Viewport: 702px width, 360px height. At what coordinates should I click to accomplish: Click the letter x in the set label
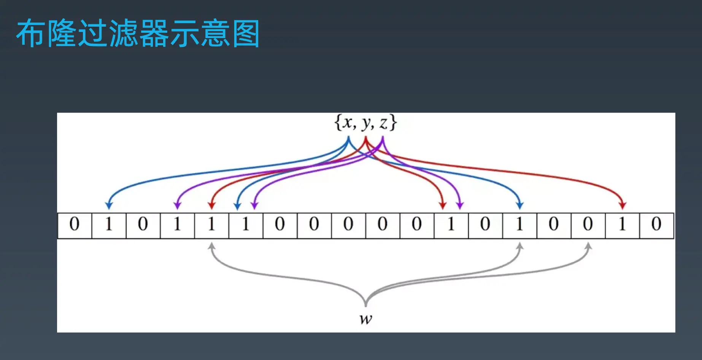(347, 123)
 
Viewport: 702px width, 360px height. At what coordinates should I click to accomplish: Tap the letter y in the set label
(366, 124)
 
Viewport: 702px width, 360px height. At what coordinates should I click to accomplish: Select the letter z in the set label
(383, 123)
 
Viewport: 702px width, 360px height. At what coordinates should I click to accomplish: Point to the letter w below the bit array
(366, 319)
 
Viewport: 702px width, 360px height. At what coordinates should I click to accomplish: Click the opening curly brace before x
(337, 123)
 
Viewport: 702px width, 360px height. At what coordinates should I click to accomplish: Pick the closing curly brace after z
(393, 123)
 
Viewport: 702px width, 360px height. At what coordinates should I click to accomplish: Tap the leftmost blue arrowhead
(109, 205)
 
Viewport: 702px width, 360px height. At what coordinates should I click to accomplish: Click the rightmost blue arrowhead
(520, 205)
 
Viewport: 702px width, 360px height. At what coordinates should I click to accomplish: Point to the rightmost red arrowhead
(623, 205)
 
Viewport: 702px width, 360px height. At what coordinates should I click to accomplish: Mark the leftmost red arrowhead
(212, 205)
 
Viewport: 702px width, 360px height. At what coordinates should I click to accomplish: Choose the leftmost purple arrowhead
(177, 205)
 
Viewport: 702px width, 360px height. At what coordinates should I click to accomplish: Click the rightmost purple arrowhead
(460, 205)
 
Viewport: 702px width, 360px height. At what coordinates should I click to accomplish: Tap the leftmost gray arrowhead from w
(212, 247)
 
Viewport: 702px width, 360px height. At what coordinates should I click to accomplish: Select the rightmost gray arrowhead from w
(588, 247)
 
